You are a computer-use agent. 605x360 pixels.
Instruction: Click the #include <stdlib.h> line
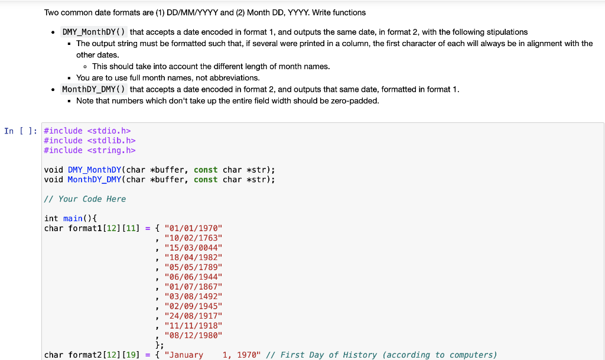[x=90, y=140]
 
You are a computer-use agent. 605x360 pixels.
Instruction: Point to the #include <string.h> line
[x=90, y=150]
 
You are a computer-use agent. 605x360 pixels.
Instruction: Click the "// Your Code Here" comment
[x=85, y=199]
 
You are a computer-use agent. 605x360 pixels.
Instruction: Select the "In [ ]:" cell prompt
[x=21, y=131]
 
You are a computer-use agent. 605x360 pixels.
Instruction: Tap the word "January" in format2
[x=186, y=355]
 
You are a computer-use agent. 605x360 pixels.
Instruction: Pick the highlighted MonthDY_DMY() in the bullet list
[x=93, y=89]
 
